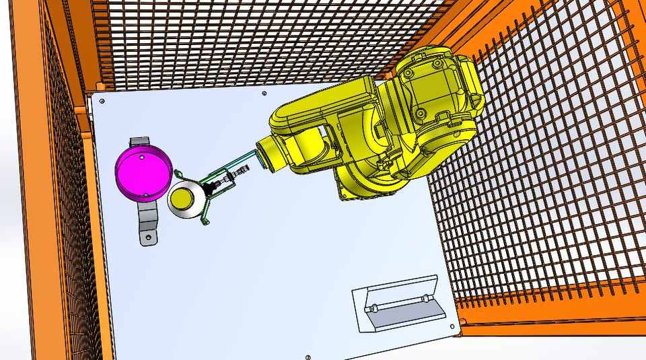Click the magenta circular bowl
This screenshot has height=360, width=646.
[140, 172]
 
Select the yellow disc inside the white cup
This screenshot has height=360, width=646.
[182, 199]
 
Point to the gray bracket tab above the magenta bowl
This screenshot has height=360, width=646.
[139, 142]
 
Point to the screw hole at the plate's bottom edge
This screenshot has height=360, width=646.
[307, 356]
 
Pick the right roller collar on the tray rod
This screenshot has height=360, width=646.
[424, 297]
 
